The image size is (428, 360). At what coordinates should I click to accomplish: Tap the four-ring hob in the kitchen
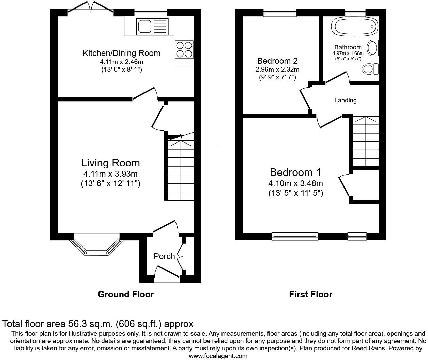click(184, 49)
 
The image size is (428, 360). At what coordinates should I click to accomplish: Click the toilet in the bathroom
click(370, 69)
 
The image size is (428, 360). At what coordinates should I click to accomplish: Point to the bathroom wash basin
click(373, 48)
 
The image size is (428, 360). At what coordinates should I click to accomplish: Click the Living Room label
click(110, 163)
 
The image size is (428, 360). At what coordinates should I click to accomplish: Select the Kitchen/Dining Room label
click(121, 53)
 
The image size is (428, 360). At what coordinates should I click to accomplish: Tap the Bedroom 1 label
click(295, 172)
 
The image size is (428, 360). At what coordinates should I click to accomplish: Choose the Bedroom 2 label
click(277, 61)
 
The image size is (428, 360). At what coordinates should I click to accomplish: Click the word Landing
click(345, 100)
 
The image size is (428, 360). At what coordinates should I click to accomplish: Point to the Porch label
click(164, 256)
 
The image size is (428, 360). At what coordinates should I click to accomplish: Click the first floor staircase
click(365, 141)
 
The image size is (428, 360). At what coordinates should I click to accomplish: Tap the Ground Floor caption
click(126, 294)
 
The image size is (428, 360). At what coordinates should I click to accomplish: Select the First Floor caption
click(310, 294)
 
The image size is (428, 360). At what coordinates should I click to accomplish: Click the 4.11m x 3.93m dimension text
click(110, 174)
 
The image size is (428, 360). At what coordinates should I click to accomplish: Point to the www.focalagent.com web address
click(218, 356)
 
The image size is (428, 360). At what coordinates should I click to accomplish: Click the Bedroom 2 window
click(280, 13)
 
